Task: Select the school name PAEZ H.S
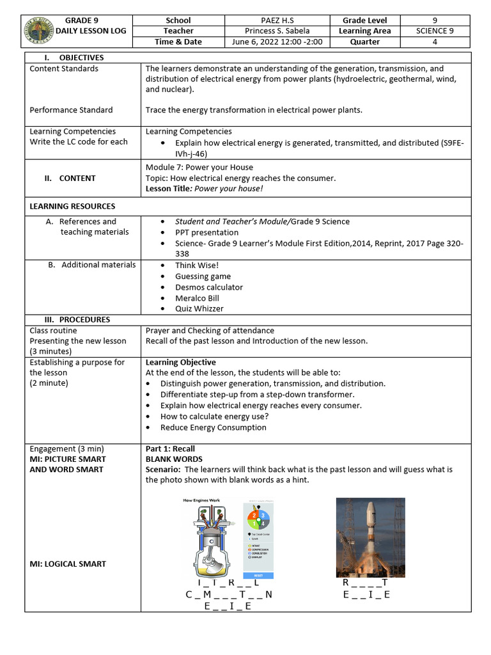pyautogui.click(x=277, y=20)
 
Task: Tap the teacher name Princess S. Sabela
pyautogui.click(x=277, y=31)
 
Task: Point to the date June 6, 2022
pyautogui.click(x=255, y=42)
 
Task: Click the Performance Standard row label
pyautogui.click(x=71, y=110)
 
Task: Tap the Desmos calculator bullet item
pyautogui.click(x=209, y=287)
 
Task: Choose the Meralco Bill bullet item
pyautogui.click(x=197, y=298)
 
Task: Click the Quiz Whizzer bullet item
pyautogui.click(x=199, y=308)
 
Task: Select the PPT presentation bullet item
pyautogui.click(x=207, y=232)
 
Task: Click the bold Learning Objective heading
pyautogui.click(x=180, y=362)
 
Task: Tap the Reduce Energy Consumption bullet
pyautogui.click(x=213, y=427)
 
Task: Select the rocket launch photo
pyautogui.click(x=370, y=537)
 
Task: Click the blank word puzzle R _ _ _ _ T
pyautogui.click(x=365, y=583)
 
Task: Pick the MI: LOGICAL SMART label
pyautogui.click(x=68, y=564)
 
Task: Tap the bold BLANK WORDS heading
pyautogui.click(x=174, y=459)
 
